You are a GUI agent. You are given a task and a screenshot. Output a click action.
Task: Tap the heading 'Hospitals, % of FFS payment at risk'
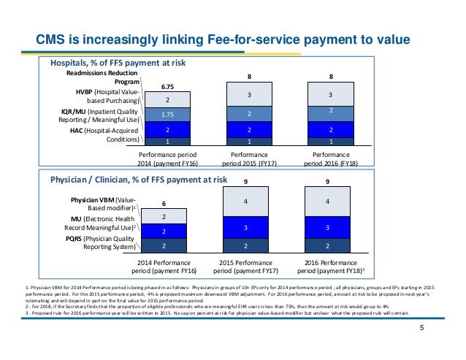[x=118, y=64]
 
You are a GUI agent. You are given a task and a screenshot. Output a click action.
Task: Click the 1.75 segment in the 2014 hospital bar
[x=167, y=114]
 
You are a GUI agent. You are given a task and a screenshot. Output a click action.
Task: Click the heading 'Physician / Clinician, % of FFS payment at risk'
[x=138, y=179]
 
